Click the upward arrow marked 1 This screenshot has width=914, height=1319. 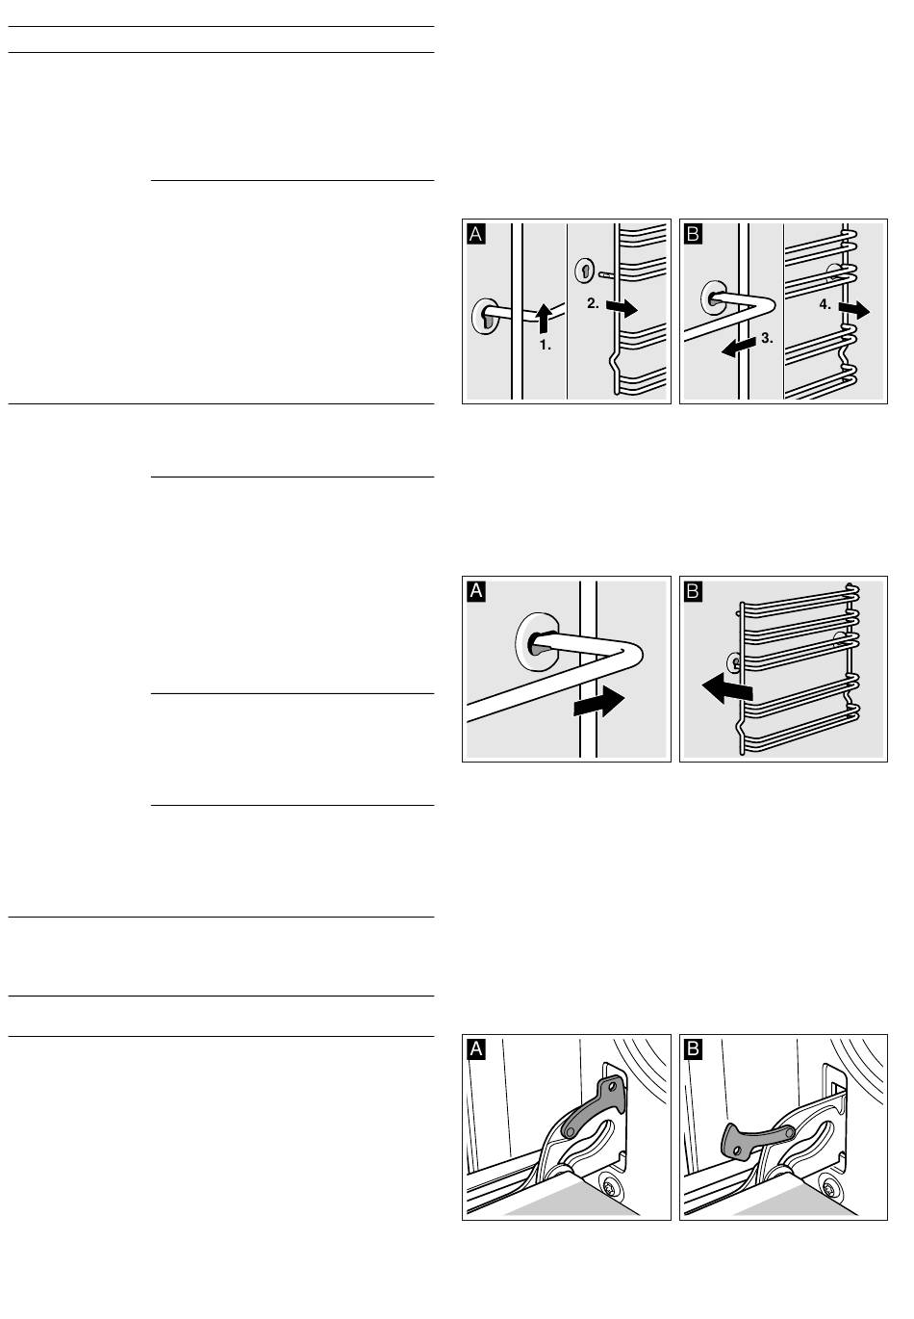click(x=544, y=318)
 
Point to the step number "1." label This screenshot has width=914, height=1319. click(x=546, y=345)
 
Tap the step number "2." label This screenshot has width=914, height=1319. click(x=593, y=303)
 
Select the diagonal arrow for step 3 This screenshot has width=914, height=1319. click(x=739, y=347)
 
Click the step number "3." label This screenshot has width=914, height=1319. click(x=767, y=338)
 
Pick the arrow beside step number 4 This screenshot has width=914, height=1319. click(x=854, y=309)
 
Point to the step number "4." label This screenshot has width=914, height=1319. click(x=825, y=304)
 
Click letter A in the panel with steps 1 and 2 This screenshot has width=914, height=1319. click(x=476, y=234)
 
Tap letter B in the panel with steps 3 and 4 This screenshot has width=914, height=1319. click(x=694, y=234)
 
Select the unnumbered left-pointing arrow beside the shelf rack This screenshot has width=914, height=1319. click(x=726, y=689)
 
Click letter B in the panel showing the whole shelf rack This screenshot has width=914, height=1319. click(x=694, y=590)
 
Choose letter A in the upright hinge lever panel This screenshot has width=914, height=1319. click(x=476, y=1048)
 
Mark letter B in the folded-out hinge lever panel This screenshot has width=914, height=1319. click(x=694, y=1048)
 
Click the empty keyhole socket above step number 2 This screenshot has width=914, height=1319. click(x=584, y=270)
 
